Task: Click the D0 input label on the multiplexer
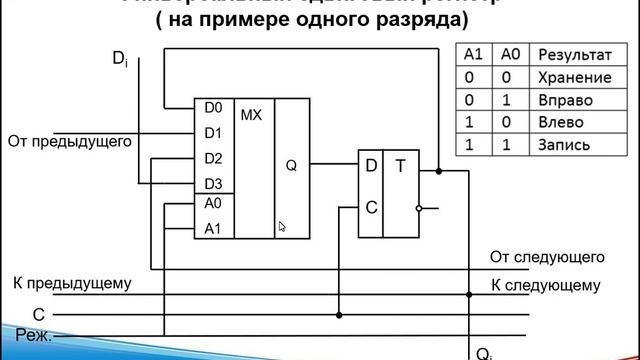click(212, 107)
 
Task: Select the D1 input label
click(212, 132)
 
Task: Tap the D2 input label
click(212, 158)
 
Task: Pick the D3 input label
click(212, 183)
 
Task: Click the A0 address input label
click(212, 203)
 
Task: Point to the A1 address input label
click(212, 228)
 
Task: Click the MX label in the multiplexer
click(251, 115)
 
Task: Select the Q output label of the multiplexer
click(291, 167)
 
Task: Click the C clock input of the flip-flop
click(371, 208)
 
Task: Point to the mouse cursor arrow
click(281, 226)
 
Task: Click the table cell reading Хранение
click(573, 76)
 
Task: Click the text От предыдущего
click(70, 141)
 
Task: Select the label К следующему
click(546, 286)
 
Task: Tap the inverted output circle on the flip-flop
click(422, 209)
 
